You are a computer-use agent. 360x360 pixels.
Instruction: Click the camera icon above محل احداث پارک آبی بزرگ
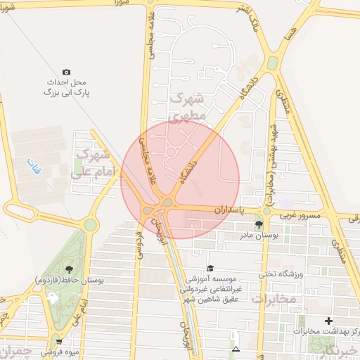66,72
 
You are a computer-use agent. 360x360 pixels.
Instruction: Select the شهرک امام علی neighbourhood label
91,162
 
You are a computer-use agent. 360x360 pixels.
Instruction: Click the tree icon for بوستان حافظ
68,269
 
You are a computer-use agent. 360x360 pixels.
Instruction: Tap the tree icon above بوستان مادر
259,224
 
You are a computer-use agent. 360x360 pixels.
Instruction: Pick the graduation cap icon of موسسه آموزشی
210,268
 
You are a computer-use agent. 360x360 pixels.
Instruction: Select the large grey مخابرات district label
274,300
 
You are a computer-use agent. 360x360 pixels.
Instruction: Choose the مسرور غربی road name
300,215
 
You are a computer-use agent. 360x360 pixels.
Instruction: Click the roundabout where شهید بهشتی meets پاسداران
266,210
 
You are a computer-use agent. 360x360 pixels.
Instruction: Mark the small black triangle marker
236,349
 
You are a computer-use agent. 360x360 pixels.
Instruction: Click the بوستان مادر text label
259,236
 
